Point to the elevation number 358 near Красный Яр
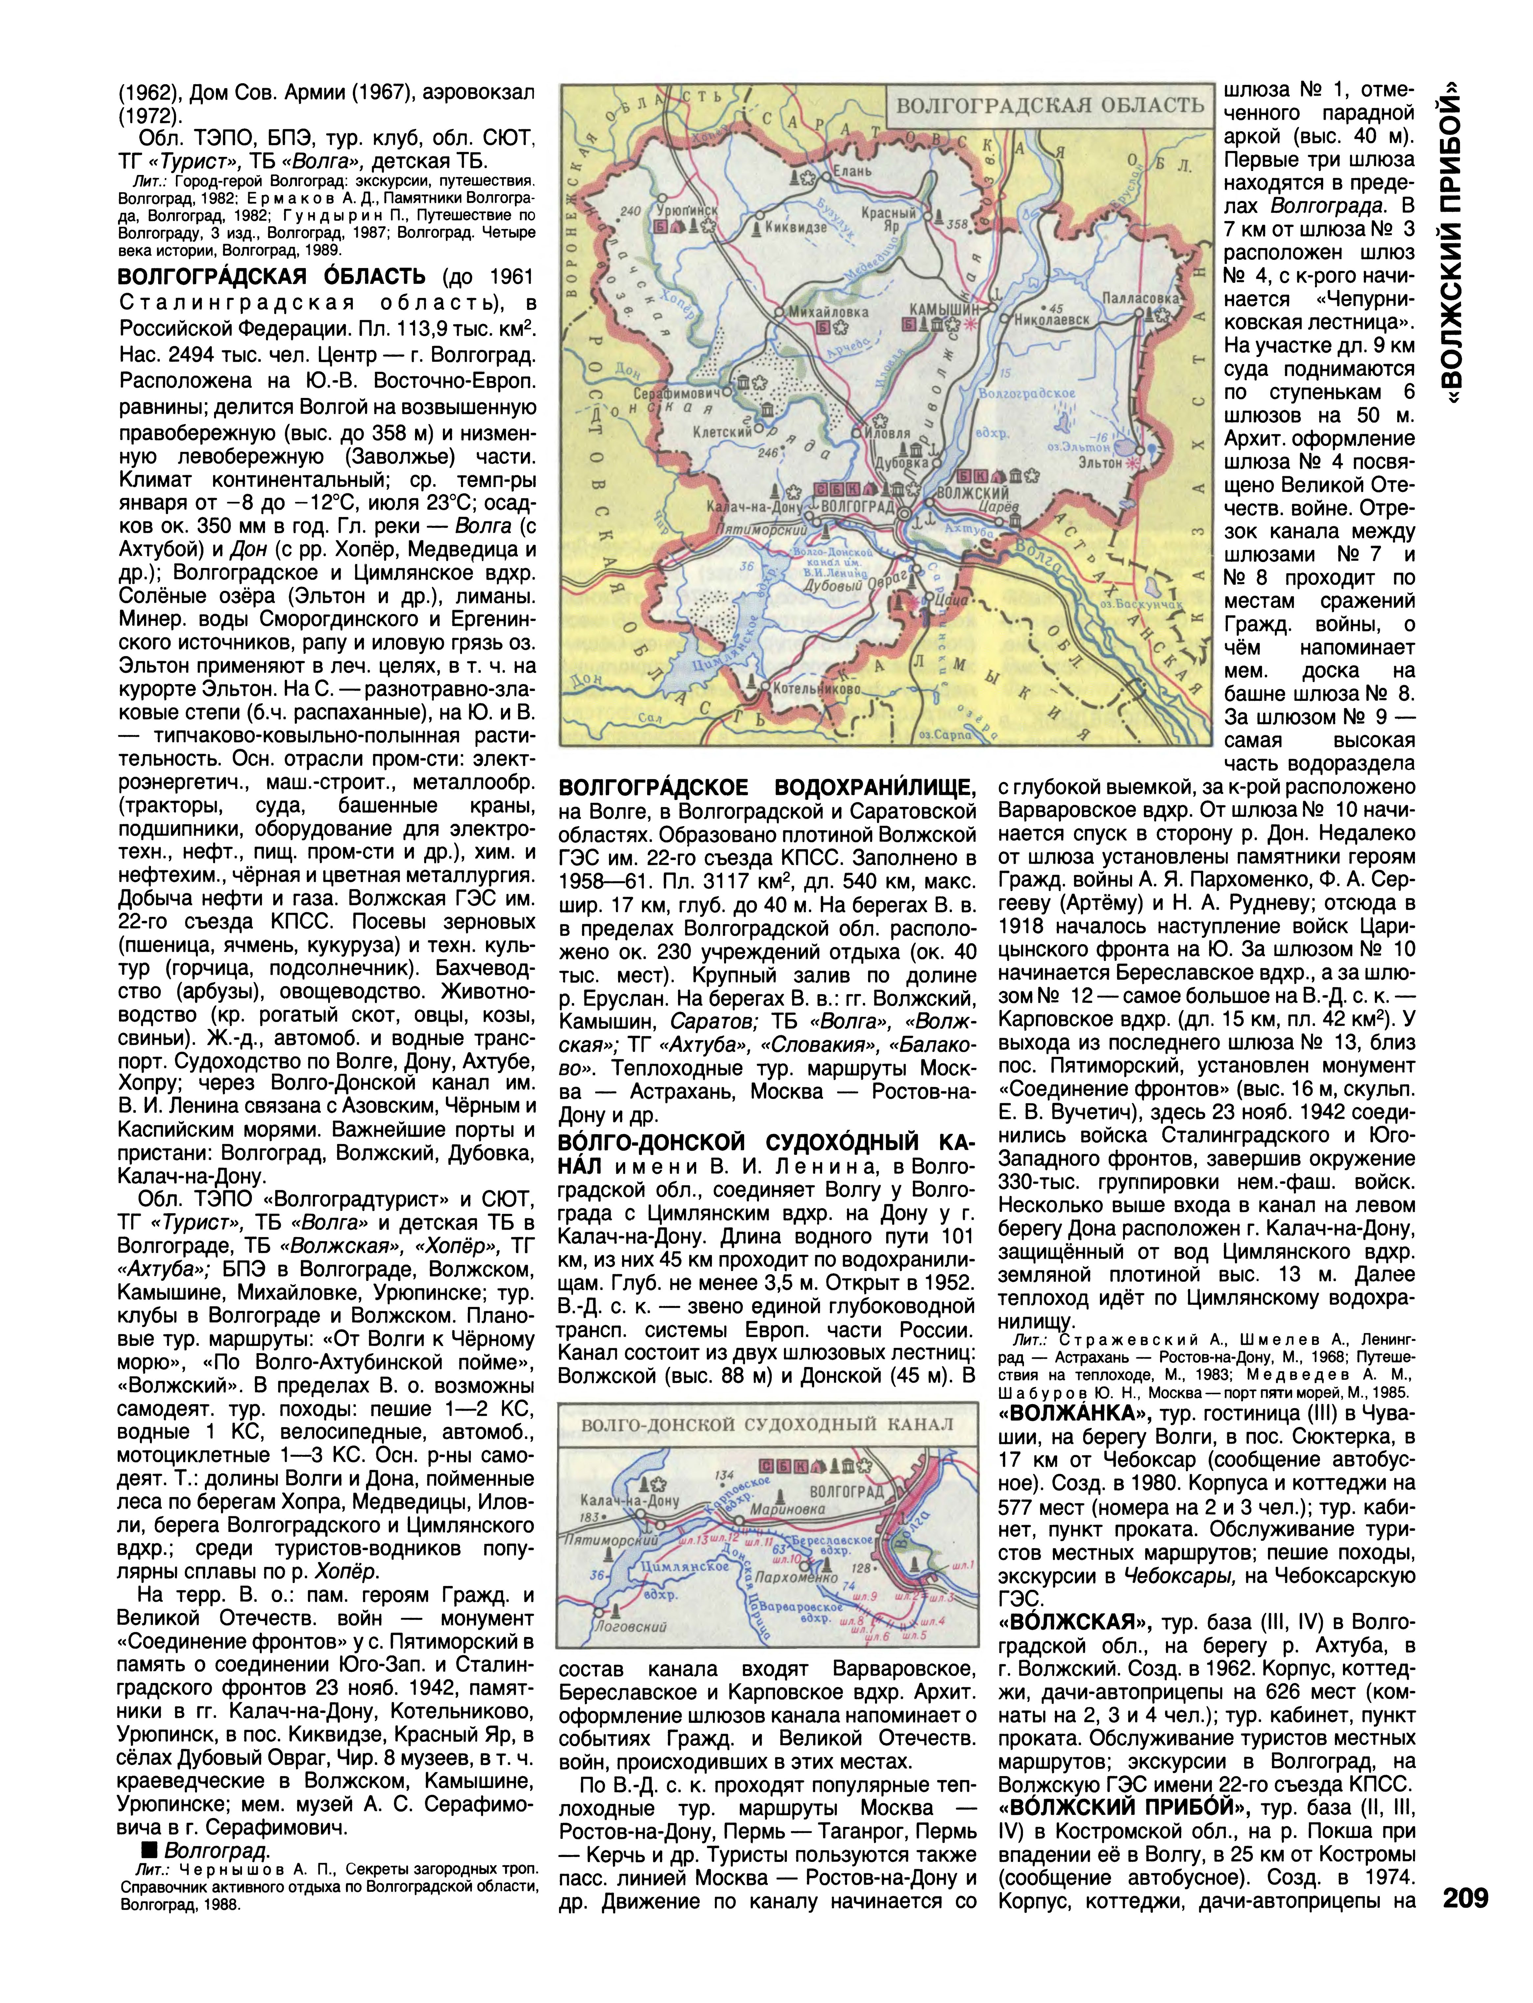click(956, 224)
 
